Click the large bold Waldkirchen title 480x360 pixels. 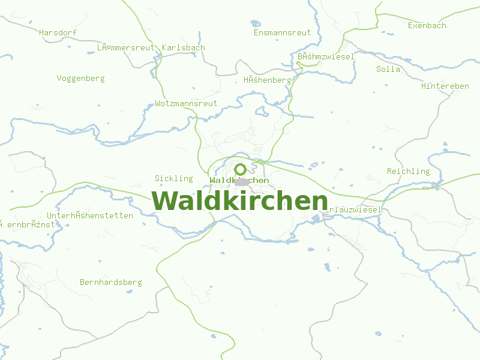coord(240,201)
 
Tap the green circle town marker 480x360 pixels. coord(241,169)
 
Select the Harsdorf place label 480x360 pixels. coord(58,32)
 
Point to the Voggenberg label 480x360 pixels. coord(80,78)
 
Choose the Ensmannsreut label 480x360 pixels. coord(282,32)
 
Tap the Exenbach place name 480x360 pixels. coord(427,26)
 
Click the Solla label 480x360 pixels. coord(388,69)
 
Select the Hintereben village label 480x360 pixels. coord(445,86)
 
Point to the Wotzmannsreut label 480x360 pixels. coord(186,103)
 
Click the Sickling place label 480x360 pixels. coord(174,178)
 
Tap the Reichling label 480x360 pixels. coord(408,171)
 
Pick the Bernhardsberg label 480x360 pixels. coord(110,282)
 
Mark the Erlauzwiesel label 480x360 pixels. coord(354,210)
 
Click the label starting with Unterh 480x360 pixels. coord(90,215)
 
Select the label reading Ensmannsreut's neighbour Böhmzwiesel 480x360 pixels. coord(326,56)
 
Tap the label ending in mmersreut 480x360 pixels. coord(126,47)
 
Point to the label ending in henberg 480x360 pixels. coord(267,80)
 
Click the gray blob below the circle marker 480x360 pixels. coord(242,181)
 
